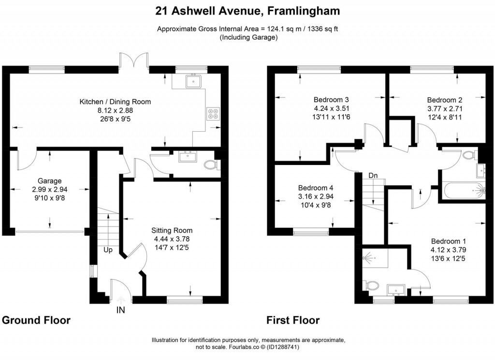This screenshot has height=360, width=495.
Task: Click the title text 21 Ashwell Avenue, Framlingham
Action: (247, 11)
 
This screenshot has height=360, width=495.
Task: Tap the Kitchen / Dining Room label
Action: (115, 102)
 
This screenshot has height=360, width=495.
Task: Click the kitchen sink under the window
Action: (194, 80)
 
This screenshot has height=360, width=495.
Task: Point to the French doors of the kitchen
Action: (134, 60)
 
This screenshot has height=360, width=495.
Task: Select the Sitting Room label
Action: (172, 230)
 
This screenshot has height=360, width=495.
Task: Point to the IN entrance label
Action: (120, 310)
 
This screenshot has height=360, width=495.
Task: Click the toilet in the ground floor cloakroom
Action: (210, 165)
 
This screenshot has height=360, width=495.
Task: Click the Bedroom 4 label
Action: (316, 188)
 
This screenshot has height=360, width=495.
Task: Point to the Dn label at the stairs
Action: (372, 175)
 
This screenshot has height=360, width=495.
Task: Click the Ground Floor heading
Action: (36, 320)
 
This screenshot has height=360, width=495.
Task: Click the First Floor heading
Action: (293, 320)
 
